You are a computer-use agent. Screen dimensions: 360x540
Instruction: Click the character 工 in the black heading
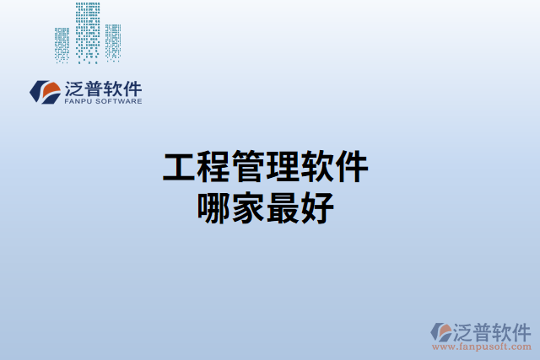point(179,167)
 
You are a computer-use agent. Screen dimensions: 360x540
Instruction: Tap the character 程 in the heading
point(213,167)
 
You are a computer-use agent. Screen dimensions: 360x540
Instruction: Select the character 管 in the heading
point(248,167)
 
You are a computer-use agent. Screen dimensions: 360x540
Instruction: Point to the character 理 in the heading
point(283,167)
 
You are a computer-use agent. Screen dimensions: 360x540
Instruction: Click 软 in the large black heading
point(317,167)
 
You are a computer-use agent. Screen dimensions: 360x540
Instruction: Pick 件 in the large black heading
point(352,167)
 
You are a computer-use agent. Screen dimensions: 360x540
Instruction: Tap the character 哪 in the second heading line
point(213,207)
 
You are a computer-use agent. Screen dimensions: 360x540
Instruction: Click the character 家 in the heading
point(248,207)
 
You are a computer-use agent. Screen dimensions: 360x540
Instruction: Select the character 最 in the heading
point(283,207)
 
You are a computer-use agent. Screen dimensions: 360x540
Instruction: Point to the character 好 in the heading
point(317,207)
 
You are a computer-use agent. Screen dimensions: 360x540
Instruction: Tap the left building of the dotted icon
point(62,44)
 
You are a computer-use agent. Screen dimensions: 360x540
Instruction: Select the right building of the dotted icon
point(112,42)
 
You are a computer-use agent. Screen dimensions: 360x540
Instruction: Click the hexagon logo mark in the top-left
point(44,91)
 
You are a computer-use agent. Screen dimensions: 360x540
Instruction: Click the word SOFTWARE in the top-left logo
point(120,101)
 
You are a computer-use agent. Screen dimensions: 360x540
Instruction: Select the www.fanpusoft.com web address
point(482,347)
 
